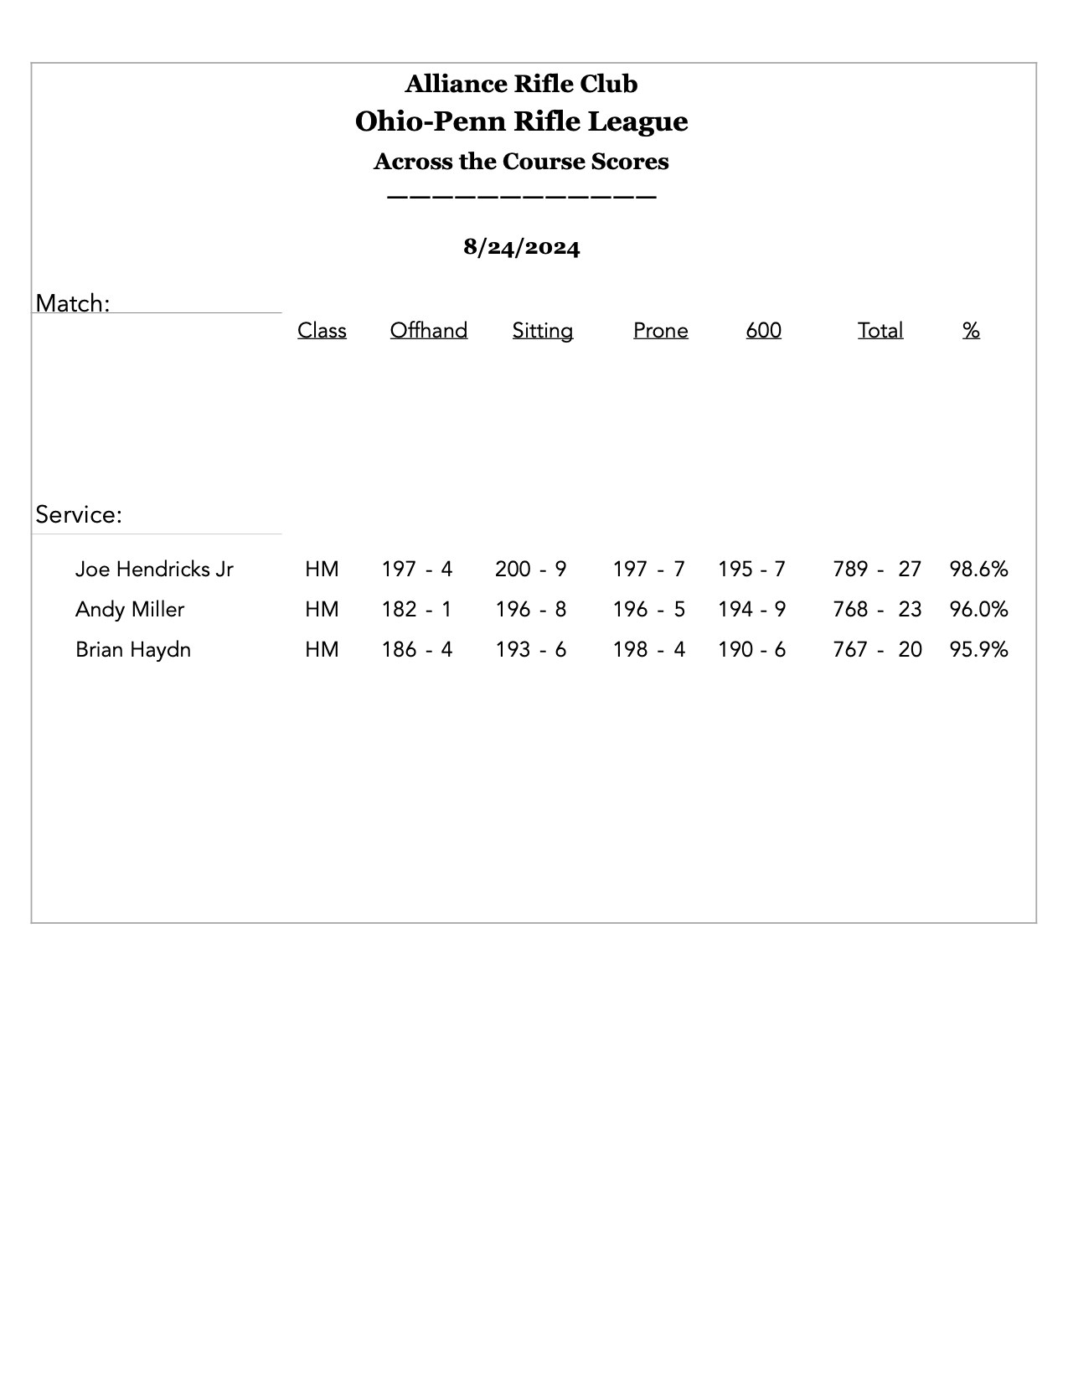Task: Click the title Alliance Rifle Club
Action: click(x=521, y=84)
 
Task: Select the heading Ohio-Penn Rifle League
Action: click(x=521, y=121)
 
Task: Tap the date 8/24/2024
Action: click(x=521, y=247)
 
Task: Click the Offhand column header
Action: click(x=428, y=331)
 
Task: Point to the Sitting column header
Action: click(x=542, y=331)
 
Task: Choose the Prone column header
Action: click(x=660, y=331)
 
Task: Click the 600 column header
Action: click(x=763, y=331)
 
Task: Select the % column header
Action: click(x=971, y=331)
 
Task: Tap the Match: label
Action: click(x=73, y=303)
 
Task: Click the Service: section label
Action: click(x=79, y=514)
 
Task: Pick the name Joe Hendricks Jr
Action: click(x=154, y=570)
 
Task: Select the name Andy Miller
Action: click(x=130, y=610)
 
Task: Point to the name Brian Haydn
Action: click(x=133, y=650)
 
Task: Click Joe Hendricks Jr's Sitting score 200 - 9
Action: click(x=530, y=570)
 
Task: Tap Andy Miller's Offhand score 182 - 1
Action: click(x=416, y=610)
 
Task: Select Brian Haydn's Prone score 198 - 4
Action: click(x=648, y=650)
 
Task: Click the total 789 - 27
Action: click(x=876, y=570)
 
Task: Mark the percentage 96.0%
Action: click(x=978, y=610)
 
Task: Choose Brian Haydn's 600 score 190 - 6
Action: click(x=751, y=650)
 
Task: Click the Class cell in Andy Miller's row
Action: click(x=322, y=610)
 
